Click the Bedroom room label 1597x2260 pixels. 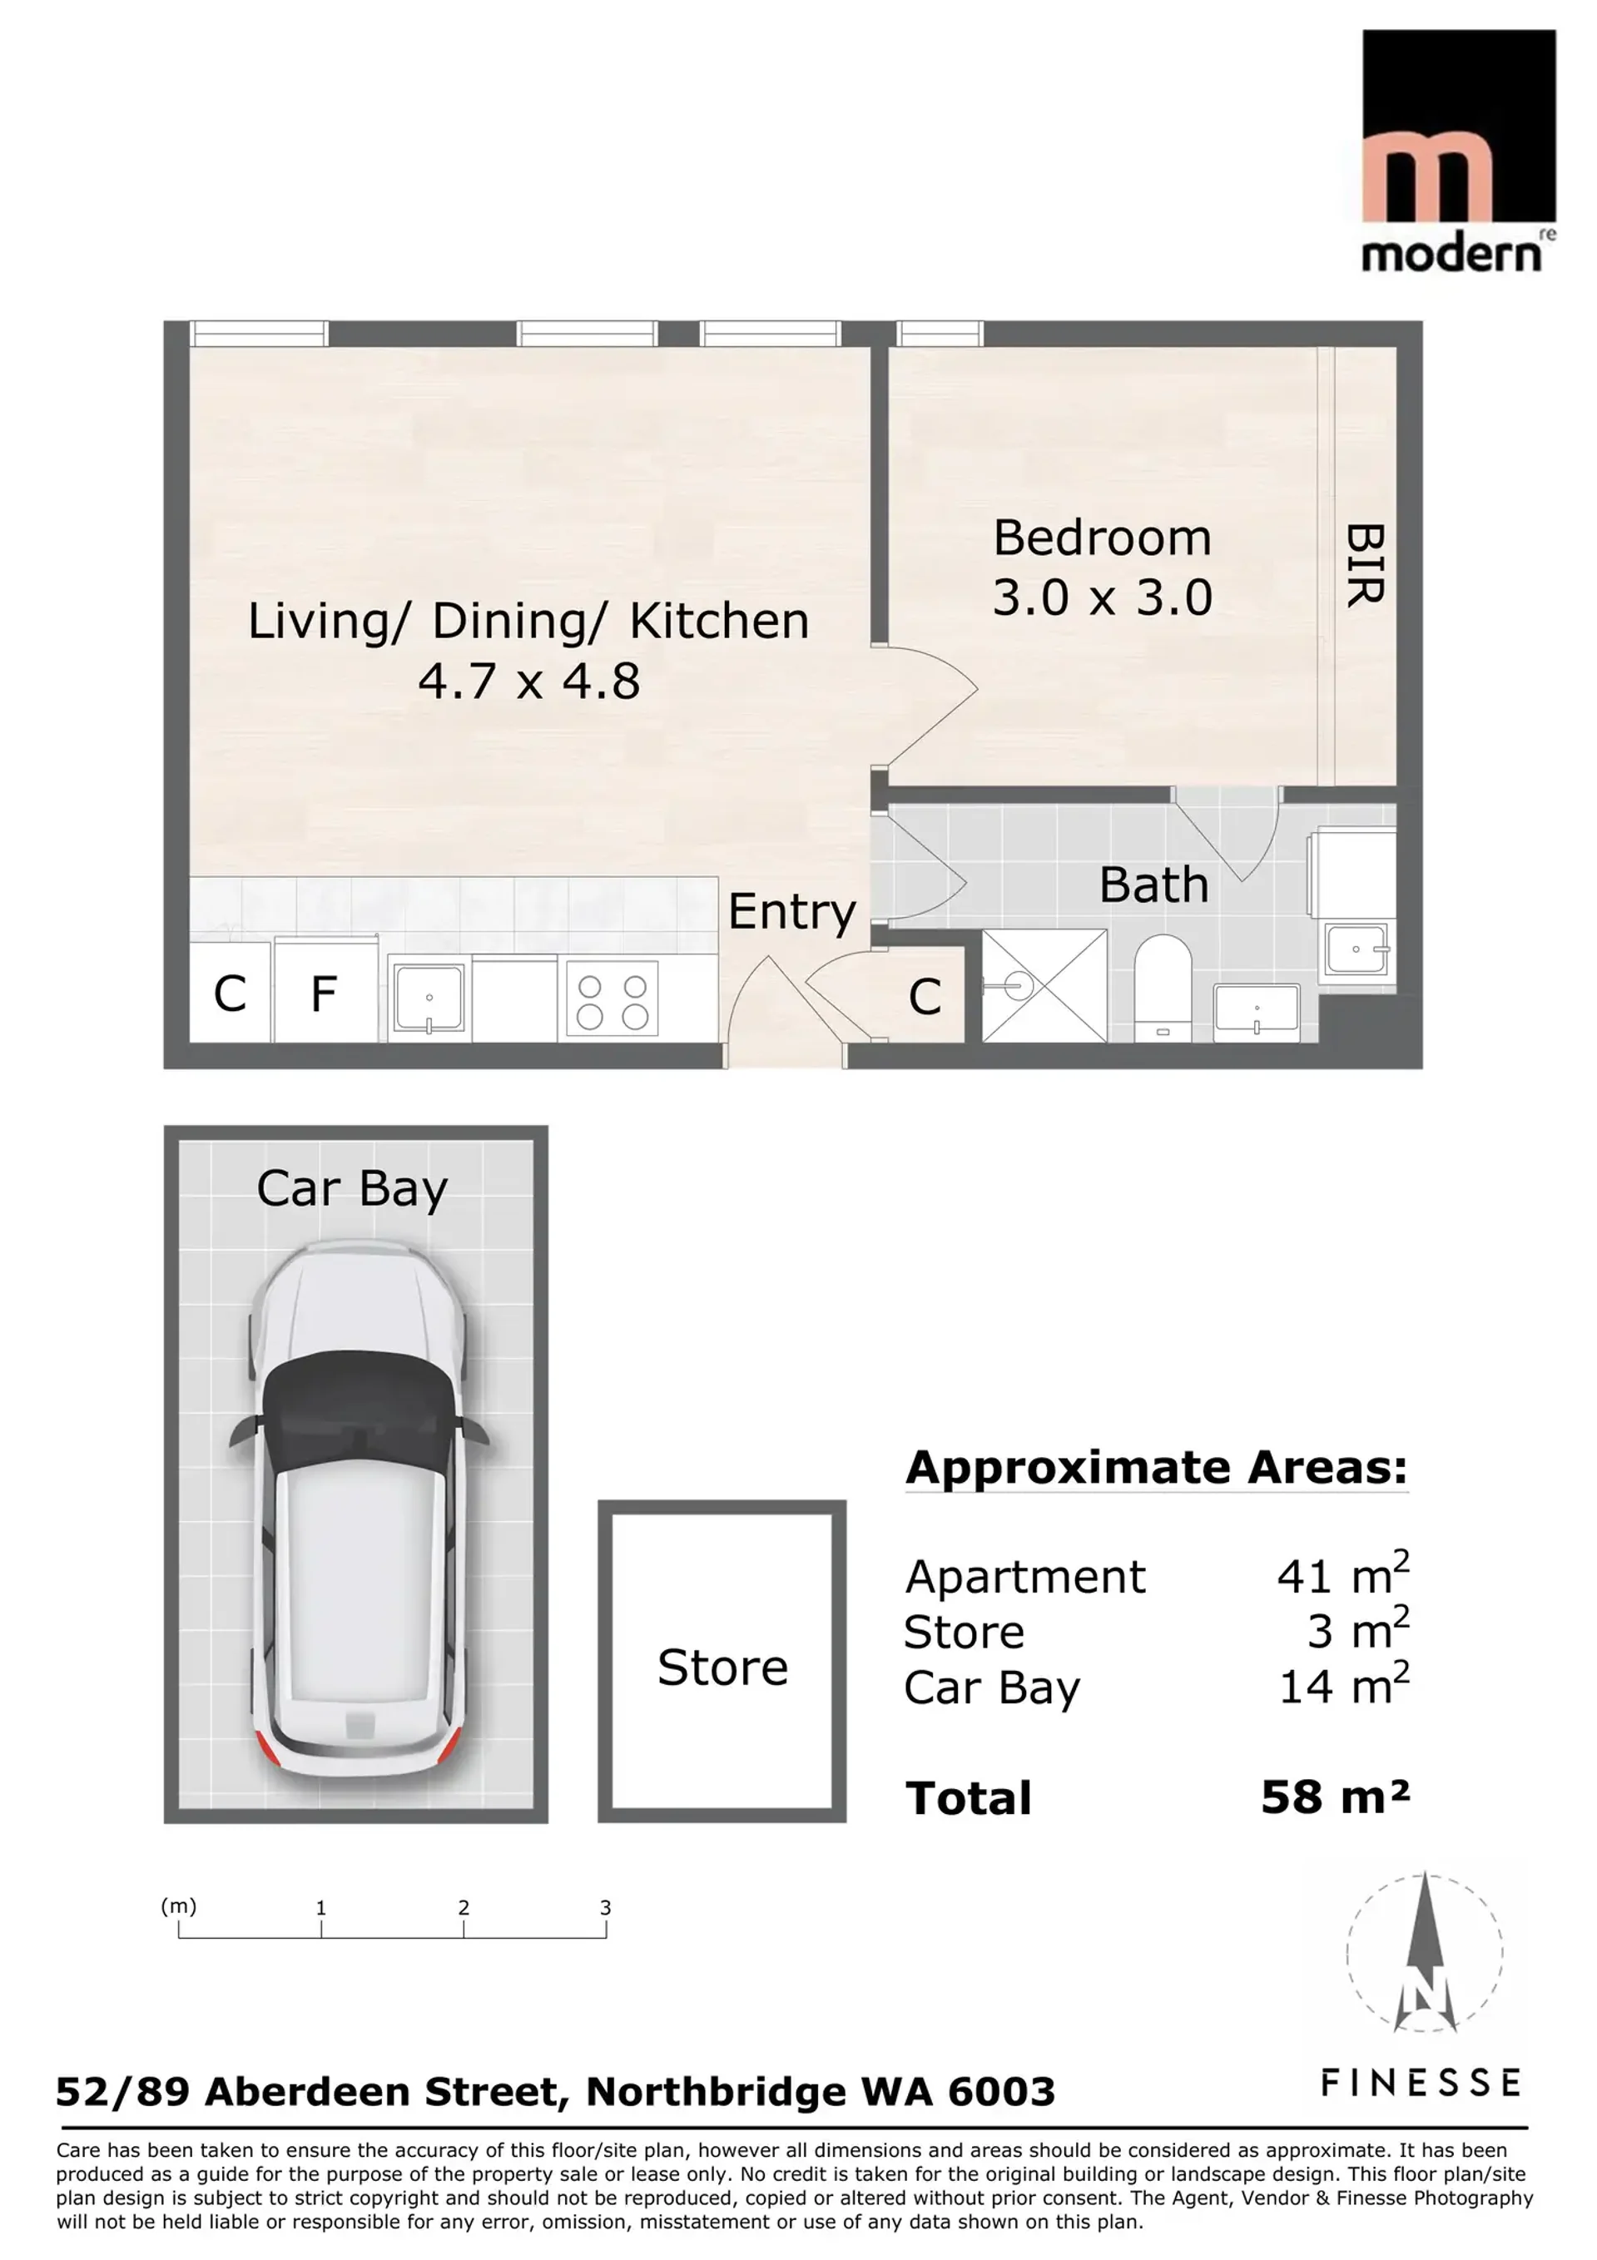(1102, 538)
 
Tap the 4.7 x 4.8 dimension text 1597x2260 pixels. (528, 681)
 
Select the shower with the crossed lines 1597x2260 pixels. (1044, 985)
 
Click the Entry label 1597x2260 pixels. (791, 914)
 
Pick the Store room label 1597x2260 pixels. (722, 1668)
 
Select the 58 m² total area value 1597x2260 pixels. (1335, 1797)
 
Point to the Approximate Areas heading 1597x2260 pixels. (1157, 1468)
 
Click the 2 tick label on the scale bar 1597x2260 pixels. (464, 1908)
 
